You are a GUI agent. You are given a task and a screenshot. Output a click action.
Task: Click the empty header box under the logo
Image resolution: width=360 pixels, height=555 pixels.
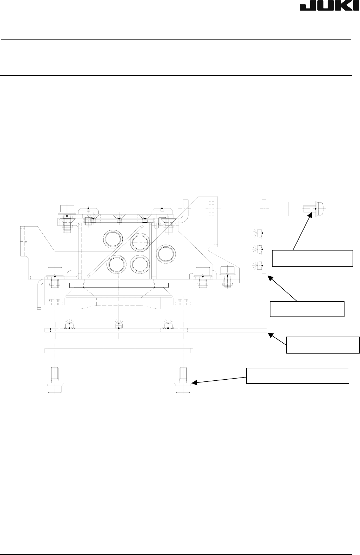[x=176, y=26]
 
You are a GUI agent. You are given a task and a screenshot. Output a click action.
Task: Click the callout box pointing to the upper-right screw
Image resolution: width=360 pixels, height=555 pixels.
[x=312, y=258]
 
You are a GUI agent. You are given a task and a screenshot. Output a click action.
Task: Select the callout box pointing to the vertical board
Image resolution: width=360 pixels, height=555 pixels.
[x=307, y=309]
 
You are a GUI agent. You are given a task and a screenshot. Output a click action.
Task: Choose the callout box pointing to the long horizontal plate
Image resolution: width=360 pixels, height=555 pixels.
[x=323, y=345]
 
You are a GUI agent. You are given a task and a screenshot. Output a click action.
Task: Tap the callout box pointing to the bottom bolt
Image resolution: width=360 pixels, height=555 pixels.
[x=297, y=375]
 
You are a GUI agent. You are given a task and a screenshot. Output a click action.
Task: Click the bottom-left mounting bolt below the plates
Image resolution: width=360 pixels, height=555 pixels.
[x=55, y=381]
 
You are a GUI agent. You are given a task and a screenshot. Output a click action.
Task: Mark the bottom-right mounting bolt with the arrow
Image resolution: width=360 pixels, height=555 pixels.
[x=183, y=381]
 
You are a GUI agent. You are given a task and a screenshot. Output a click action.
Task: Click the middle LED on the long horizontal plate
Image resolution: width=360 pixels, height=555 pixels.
[x=119, y=326]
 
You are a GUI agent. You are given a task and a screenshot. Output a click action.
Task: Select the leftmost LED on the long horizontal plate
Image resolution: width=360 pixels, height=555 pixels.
[x=69, y=326]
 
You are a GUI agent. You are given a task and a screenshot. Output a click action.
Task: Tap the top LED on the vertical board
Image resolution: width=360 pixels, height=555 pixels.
[x=260, y=233]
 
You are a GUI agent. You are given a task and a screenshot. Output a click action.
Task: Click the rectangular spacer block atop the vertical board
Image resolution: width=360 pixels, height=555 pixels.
[x=277, y=209]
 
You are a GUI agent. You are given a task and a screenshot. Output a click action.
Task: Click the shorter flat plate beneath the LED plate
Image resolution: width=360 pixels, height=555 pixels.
[x=119, y=351]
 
